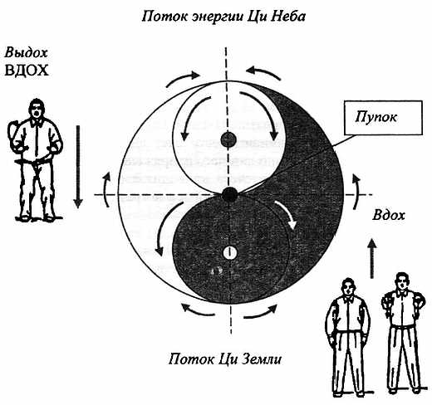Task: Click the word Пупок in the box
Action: point(376,117)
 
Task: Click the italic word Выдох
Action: point(26,52)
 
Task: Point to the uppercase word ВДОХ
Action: point(27,71)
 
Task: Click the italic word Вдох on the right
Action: point(389,215)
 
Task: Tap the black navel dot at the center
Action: point(229,194)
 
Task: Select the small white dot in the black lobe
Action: point(229,252)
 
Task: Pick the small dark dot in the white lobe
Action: point(228,139)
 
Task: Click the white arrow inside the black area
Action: point(286,213)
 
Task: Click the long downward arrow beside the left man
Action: point(78,167)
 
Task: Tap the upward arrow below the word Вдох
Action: point(372,258)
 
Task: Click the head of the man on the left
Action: point(37,108)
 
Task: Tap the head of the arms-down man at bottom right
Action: point(348,287)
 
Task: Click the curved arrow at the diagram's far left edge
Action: point(107,190)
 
